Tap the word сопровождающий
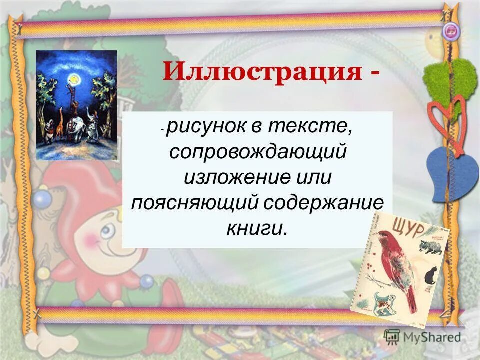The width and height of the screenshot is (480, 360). (257, 152)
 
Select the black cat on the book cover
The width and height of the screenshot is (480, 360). (430, 275)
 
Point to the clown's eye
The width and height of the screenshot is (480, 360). (107, 230)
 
